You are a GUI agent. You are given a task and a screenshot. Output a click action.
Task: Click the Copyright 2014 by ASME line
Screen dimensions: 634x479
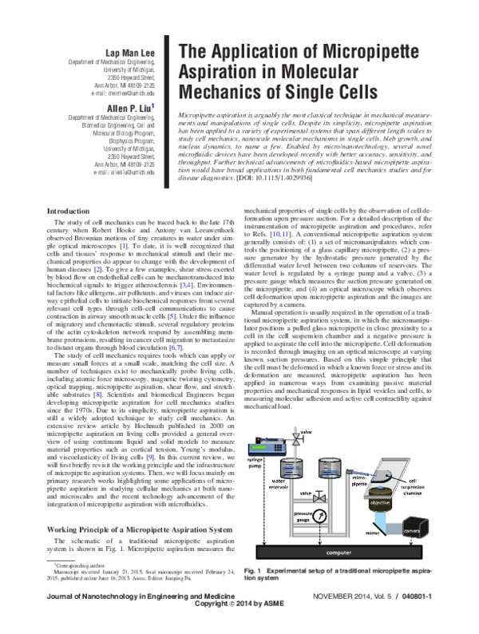tap(240, 627)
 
